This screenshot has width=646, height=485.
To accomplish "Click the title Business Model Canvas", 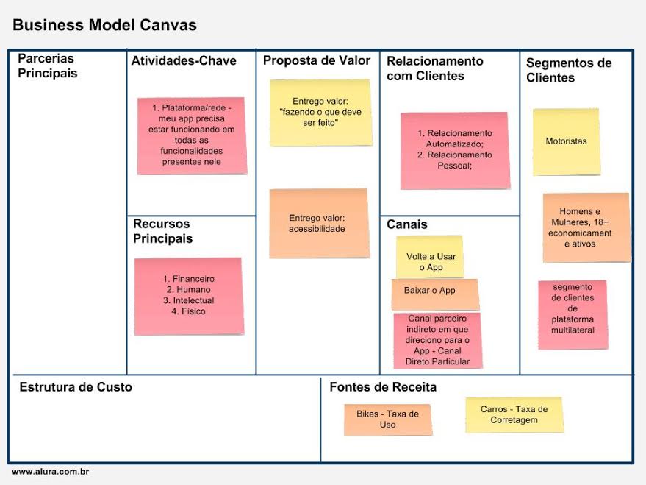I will pos(104,25).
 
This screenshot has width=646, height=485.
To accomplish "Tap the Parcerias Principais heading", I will pos(48,66).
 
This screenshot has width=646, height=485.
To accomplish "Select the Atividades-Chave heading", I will pos(184,61).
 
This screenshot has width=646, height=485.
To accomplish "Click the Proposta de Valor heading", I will pos(317,61).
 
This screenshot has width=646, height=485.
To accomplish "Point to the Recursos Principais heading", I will pos(162,231).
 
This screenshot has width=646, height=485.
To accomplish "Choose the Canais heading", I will pos(406,224).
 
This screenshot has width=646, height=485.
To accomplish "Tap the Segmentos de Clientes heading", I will pos(568,71).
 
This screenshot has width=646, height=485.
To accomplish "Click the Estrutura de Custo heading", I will pos(76,387).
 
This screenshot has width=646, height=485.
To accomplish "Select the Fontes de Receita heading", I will pos(383,387).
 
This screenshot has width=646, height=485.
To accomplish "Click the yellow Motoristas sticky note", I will pos(566,141).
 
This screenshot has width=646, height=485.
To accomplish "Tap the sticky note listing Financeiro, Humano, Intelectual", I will pos(188,296).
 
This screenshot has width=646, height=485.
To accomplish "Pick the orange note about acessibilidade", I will pos(318,223).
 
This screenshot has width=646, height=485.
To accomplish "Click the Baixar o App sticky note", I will pos(434,292).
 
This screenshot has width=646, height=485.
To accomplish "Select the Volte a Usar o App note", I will pos(431,258).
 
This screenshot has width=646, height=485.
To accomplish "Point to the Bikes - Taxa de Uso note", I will pos(387,419).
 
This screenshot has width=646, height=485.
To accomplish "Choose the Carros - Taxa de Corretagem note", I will pos(514,414).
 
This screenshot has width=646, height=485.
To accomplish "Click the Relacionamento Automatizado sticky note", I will pos(454,150).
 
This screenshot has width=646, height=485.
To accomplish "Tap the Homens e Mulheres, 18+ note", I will pos(586,227).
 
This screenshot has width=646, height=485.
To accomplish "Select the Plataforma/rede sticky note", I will pos(192,135).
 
